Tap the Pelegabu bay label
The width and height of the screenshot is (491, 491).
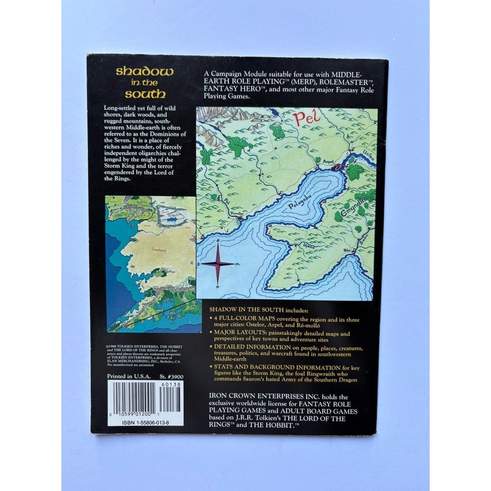click(x=295, y=205)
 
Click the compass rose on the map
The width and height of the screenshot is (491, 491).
click(x=217, y=264)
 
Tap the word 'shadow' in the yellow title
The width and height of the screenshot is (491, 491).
click(x=145, y=71)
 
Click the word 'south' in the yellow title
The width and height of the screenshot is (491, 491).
click(x=145, y=94)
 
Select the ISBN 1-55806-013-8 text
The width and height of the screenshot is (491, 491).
click(x=146, y=423)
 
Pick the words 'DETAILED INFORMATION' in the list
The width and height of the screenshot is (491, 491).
click(x=252, y=347)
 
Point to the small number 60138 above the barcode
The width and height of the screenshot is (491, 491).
click(x=169, y=384)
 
